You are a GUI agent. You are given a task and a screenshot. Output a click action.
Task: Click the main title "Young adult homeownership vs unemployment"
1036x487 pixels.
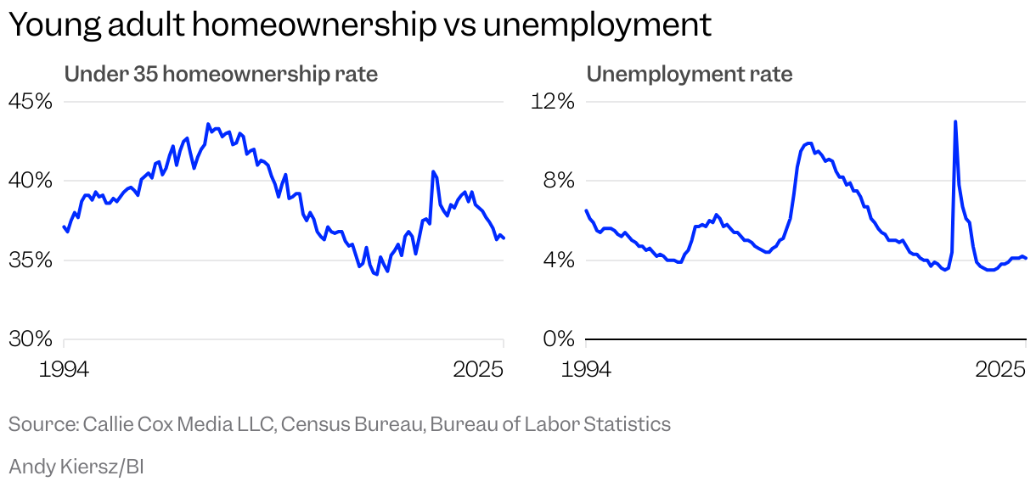click(x=359, y=25)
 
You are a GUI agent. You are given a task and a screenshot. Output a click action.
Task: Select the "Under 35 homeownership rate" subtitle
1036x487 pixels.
click(x=221, y=75)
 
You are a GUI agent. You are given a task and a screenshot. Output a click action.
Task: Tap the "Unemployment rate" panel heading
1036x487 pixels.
click(x=689, y=75)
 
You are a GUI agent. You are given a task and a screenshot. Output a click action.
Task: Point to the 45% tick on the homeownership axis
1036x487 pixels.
click(x=31, y=102)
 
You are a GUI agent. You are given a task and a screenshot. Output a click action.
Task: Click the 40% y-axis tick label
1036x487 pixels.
click(x=31, y=181)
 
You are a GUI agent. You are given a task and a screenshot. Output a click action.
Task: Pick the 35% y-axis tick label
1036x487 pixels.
click(x=31, y=260)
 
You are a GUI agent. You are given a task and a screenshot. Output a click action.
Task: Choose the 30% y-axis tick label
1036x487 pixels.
click(x=31, y=339)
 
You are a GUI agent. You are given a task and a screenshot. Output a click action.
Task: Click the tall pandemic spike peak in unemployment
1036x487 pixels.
click(x=955, y=121)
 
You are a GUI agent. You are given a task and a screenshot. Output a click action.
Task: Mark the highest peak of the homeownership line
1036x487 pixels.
click(x=208, y=124)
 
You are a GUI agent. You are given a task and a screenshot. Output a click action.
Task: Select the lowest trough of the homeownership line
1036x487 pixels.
click(x=376, y=275)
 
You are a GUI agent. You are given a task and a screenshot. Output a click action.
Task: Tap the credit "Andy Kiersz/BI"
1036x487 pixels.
click(x=76, y=466)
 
